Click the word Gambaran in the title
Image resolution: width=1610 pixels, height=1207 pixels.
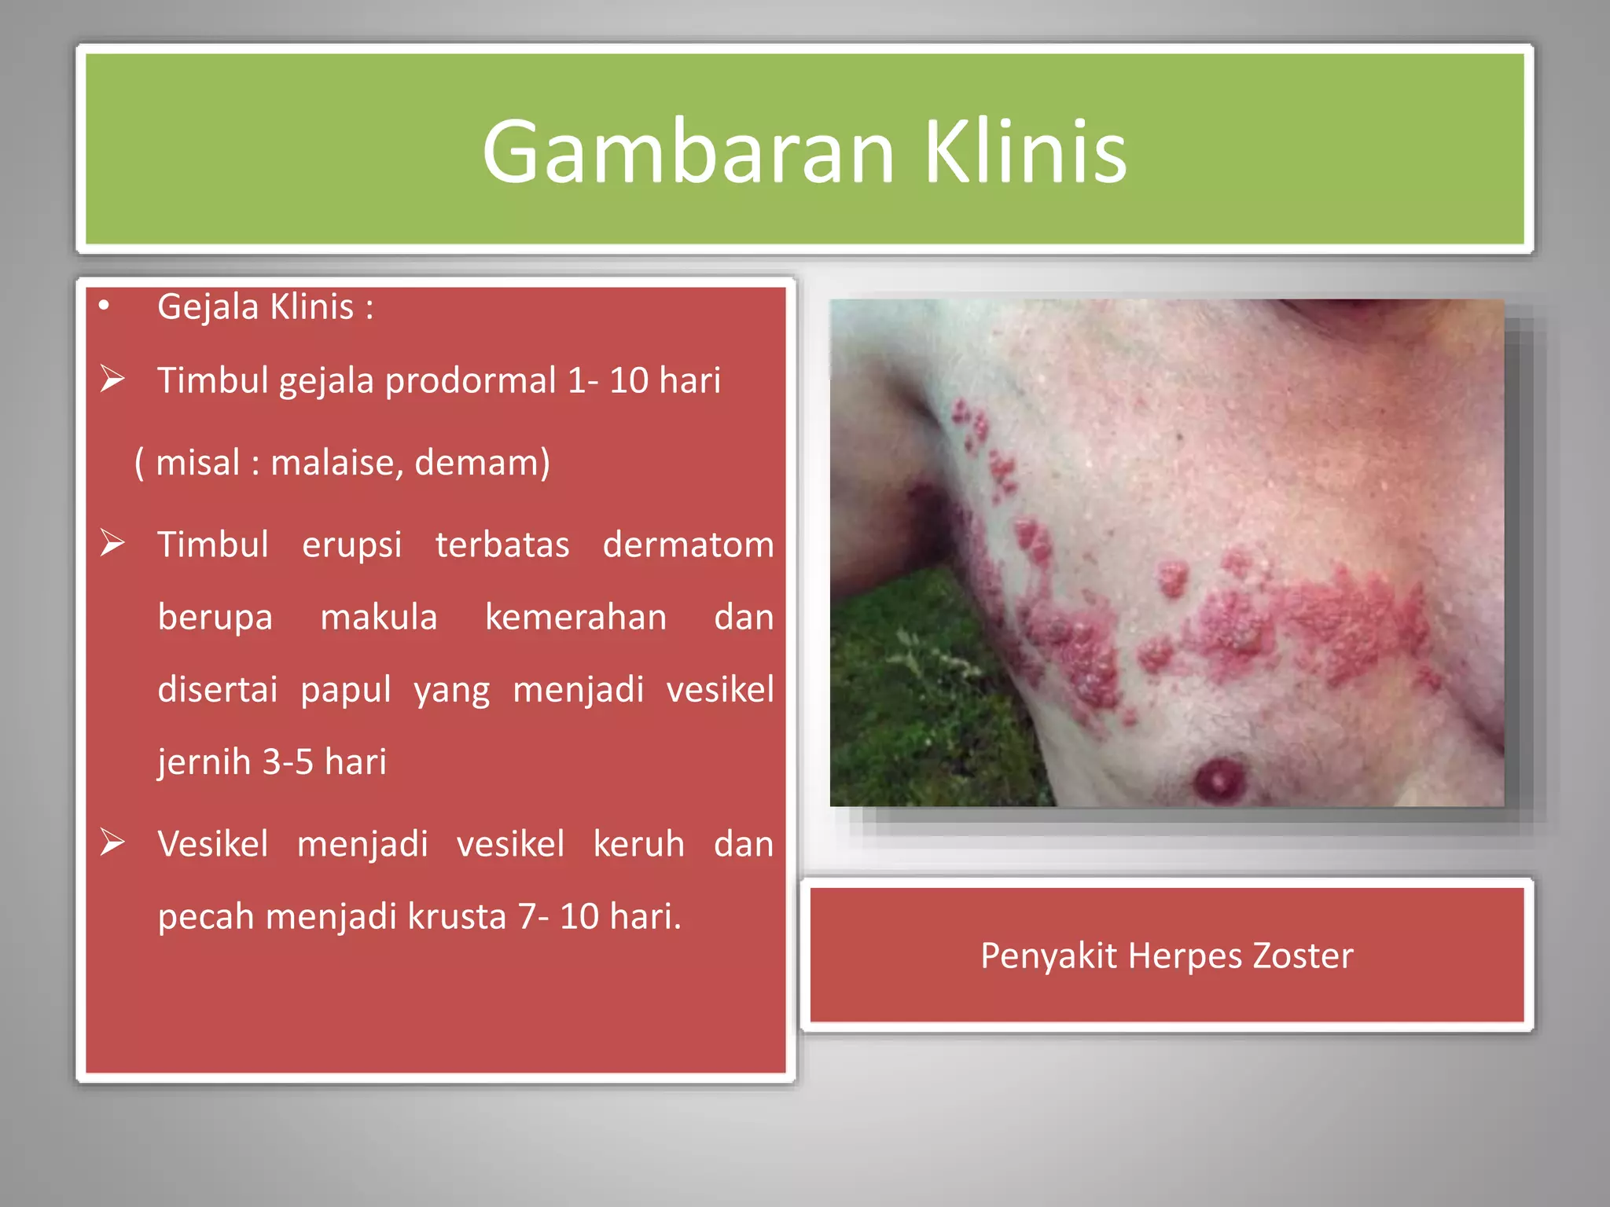(688, 151)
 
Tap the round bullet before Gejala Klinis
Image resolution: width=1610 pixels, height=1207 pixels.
(104, 306)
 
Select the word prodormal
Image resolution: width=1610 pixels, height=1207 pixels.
(470, 380)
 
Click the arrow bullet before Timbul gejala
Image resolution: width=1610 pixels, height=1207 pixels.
(112, 380)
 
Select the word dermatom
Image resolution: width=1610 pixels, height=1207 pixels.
(688, 545)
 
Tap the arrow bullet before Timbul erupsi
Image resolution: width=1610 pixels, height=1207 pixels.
(112, 543)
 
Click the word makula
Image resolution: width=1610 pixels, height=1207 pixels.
(378, 617)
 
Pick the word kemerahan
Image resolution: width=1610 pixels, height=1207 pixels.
(575, 617)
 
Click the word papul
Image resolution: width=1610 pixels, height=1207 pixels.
(345, 690)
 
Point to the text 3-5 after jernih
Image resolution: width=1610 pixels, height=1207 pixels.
(287, 762)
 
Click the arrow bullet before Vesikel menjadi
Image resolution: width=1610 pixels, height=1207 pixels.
(112, 842)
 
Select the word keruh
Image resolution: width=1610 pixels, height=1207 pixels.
(638, 844)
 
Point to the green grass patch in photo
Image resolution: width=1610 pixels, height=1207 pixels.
(920, 699)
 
